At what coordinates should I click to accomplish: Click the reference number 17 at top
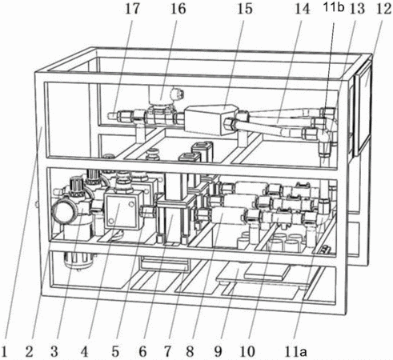point(132,9)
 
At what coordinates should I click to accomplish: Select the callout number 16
point(178,9)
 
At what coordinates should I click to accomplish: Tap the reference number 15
point(245,9)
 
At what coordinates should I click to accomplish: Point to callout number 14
point(303,9)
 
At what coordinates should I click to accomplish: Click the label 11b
point(334,7)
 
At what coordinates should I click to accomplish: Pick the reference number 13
point(358,9)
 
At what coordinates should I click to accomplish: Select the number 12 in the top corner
point(383,9)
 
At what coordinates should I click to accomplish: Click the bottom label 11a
point(295,351)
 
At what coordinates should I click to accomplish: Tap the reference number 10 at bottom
point(247,351)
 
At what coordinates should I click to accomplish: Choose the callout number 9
point(218,351)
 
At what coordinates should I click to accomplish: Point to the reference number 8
point(190,351)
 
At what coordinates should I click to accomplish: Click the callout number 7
point(167,351)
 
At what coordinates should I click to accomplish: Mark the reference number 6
point(142,351)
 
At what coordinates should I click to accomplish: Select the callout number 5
point(115,351)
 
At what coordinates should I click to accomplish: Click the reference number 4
point(84,351)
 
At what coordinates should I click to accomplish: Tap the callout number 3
point(54,351)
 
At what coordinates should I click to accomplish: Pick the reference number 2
point(30,351)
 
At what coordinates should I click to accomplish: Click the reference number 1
point(5,351)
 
